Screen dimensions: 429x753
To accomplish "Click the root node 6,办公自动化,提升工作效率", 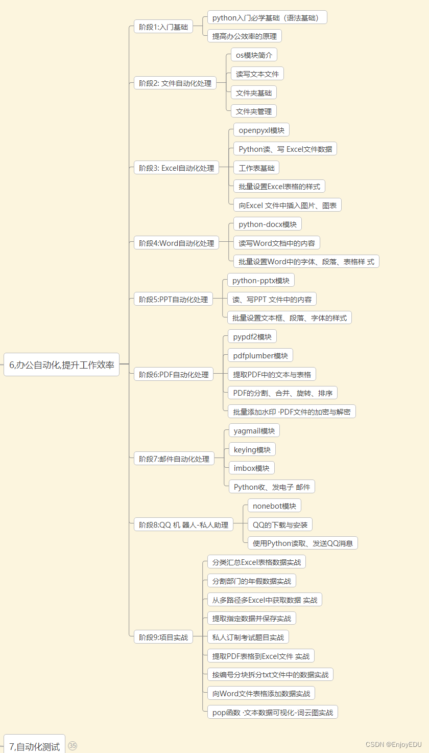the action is point(61,365).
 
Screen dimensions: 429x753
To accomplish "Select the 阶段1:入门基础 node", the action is point(163,27).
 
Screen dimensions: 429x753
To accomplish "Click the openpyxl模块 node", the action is point(261,130).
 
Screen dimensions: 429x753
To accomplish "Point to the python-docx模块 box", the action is point(267,224).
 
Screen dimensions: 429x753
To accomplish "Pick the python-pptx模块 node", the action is point(260,280).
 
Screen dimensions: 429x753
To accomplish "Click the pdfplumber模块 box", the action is point(260,355).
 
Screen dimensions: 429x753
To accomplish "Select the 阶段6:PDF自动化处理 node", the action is point(174,375).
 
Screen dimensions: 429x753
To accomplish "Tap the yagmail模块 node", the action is point(254,430).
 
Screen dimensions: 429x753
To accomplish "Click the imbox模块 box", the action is point(251,468).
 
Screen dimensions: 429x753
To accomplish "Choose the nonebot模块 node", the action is point(274,506).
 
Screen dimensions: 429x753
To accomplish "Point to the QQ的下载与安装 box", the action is point(280,524).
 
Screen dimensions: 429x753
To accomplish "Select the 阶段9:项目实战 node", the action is point(163,637).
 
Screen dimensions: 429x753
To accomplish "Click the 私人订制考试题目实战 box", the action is point(248,637).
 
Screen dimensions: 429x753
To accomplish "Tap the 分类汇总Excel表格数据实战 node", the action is point(256,562).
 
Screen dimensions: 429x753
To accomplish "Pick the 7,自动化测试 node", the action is point(34,746).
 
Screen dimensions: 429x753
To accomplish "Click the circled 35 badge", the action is point(73,746).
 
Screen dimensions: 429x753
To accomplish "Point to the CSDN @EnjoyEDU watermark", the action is point(394,744).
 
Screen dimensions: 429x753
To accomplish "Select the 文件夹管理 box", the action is point(253,111).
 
